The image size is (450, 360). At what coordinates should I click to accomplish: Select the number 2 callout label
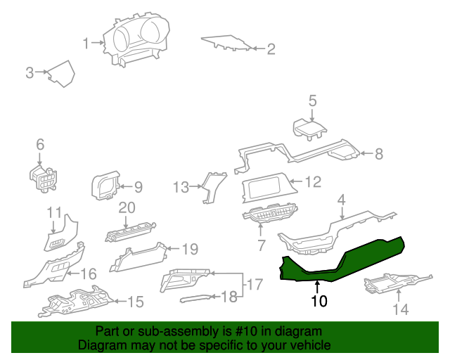click(x=270, y=49)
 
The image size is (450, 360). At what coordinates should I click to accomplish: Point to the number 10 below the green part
click(x=319, y=302)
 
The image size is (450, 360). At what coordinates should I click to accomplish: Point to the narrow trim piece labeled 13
click(x=210, y=186)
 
